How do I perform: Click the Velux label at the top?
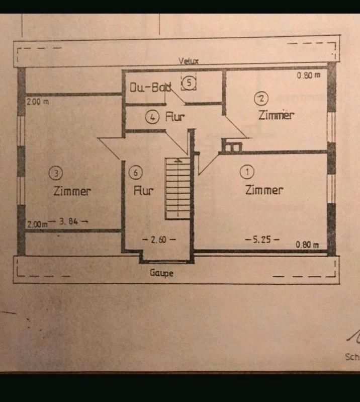[189, 61]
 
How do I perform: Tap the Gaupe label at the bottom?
[161, 273]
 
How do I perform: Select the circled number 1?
[247, 172]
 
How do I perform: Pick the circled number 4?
[152, 117]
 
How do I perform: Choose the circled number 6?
[135, 173]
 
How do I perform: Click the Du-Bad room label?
[151, 88]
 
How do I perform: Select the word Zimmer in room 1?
[264, 190]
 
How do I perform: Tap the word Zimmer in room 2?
[276, 115]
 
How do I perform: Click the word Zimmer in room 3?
[72, 191]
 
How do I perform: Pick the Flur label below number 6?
[143, 191]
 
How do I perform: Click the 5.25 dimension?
[262, 239]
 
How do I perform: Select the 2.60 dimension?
[159, 240]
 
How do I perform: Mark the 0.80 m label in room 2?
[308, 75]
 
